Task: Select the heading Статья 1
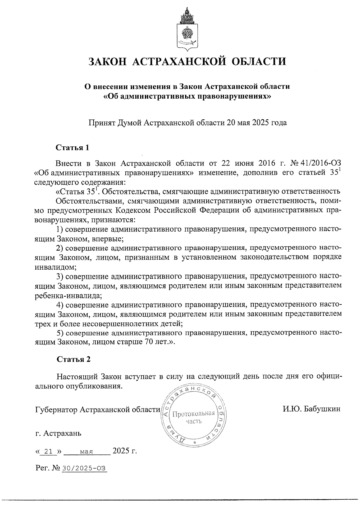click(73, 148)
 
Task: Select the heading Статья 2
click(73, 359)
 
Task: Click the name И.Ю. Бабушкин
click(311, 409)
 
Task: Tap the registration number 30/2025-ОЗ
click(84, 468)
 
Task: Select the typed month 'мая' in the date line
click(87, 451)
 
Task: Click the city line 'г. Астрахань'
click(58, 433)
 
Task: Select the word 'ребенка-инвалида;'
click(68, 295)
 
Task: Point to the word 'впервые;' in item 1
click(110, 239)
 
